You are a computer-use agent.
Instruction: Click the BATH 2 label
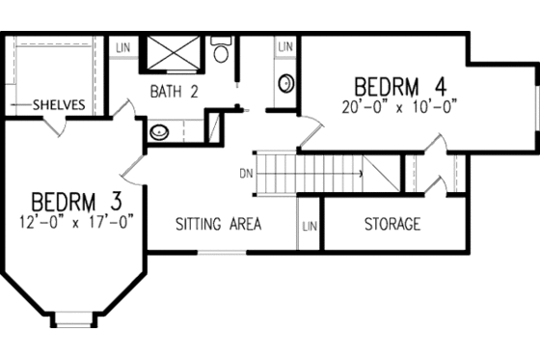[x=174, y=93]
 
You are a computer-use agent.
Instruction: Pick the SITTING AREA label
[x=219, y=225]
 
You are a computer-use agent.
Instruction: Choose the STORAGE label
[x=391, y=225]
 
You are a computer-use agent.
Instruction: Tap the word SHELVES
[x=59, y=104]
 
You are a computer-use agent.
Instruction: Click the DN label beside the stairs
[x=246, y=175]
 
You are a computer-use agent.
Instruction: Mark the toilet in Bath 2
[x=221, y=51]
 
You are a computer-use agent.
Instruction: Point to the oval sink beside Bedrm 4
[x=286, y=84]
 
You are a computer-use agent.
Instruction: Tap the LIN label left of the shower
[x=124, y=46]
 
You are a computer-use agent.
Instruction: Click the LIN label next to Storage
[x=309, y=226]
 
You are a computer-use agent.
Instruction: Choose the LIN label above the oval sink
[x=285, y=46]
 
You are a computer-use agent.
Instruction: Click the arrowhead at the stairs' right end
[x=361, y=175]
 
